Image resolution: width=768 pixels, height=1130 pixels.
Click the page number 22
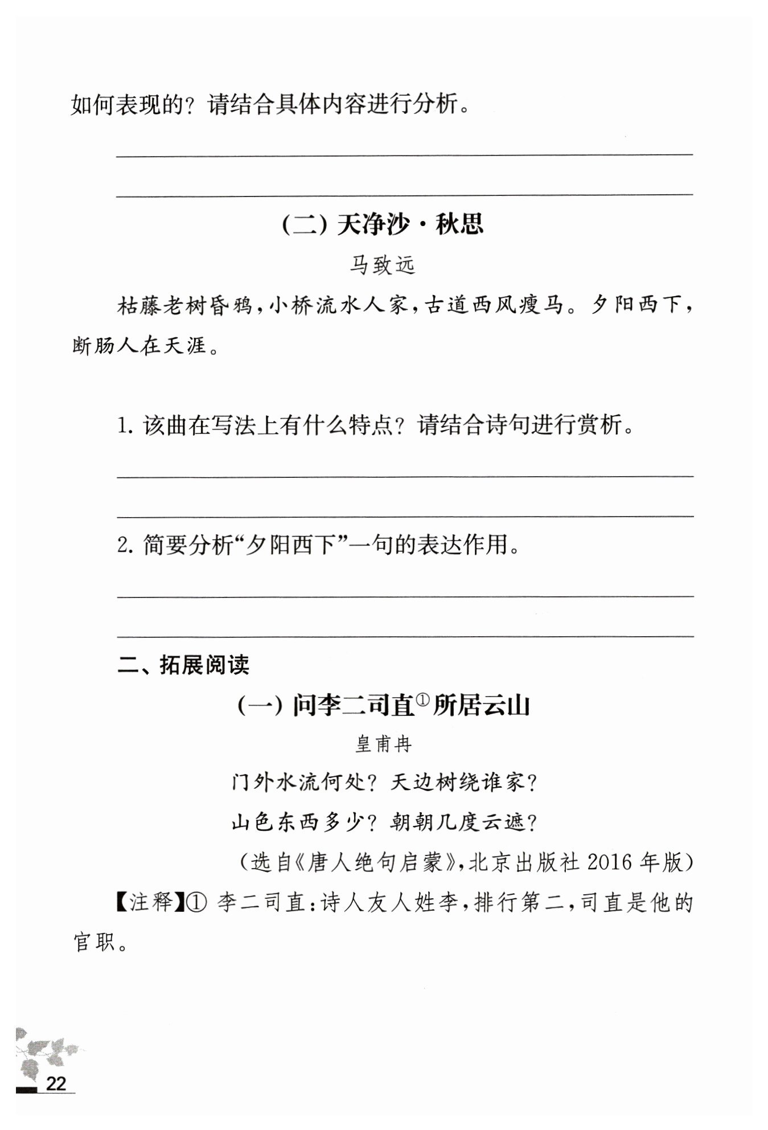coord(56,1083)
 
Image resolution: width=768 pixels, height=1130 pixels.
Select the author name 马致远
coord(383,265)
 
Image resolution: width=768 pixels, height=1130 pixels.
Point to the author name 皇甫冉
coord(383,744)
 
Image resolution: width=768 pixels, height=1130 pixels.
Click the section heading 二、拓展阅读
coord(183,665)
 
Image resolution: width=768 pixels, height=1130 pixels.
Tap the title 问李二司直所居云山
coord(383,706)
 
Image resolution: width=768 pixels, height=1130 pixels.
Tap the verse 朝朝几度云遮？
coord(464,822)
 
